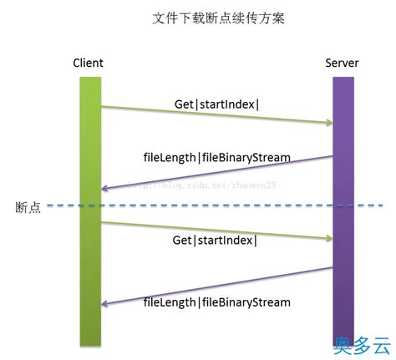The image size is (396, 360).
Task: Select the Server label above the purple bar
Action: [343, 63]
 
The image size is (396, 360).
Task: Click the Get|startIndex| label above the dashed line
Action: [216, 104]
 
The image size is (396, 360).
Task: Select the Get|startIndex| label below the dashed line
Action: [216, 240]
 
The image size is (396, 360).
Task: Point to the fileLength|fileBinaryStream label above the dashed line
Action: [216, 158]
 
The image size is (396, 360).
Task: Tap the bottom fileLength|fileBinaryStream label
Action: [216, 302]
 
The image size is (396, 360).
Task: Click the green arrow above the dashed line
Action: [216, 115]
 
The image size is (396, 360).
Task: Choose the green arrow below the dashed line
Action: [216, 230]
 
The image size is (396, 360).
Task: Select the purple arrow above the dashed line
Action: [216, 173]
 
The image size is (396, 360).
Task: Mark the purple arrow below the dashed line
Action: [216, 287]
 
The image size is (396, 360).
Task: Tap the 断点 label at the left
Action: [28, 206]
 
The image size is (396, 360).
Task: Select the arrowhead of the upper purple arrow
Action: [107, 190]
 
